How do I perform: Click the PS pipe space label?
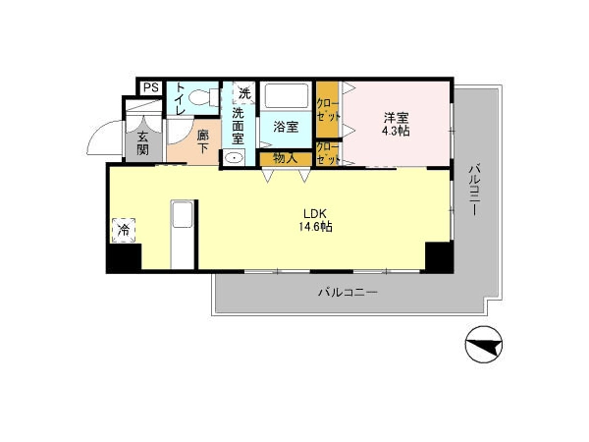pyautogui.click(x=151, y=88)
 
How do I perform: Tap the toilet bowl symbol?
pyautogui.click(x=203, y=97)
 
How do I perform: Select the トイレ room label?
pyautogui.click(x=181, y=98)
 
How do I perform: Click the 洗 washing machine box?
pyautogui.click(x=244, y=92)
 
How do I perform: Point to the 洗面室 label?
pyautogui.click(x=238, y=126)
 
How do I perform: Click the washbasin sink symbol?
pyautogui.click(x=234, y=157)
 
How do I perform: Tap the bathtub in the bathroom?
pyautogui.click(x=287, y=95)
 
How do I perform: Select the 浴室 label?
pyautogui.click(x=286, y=127)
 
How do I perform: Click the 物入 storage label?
pyautogui.click(x=286, y=158)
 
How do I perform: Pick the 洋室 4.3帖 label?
pyautogui.click(x=396, y=125)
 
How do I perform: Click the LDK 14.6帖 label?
pyautogui.click(x=315, y=220)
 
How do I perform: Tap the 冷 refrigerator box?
pyautogui.click(x=124, y=230)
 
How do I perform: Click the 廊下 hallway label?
pyautogui.click(x=203, y=141)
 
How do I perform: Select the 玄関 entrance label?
pyautogui.click(x=142, y=143)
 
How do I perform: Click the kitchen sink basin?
pyautogui.click(x=183, y=214)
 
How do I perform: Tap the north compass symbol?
pyautogui.click(x=484, y=345)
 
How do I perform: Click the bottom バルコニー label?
pyautogui.click(x=348, y=292)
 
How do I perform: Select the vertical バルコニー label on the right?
pyautogui.click(x=474, y=191)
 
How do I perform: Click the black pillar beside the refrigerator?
pyautogui.click(x=124, y=257)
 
